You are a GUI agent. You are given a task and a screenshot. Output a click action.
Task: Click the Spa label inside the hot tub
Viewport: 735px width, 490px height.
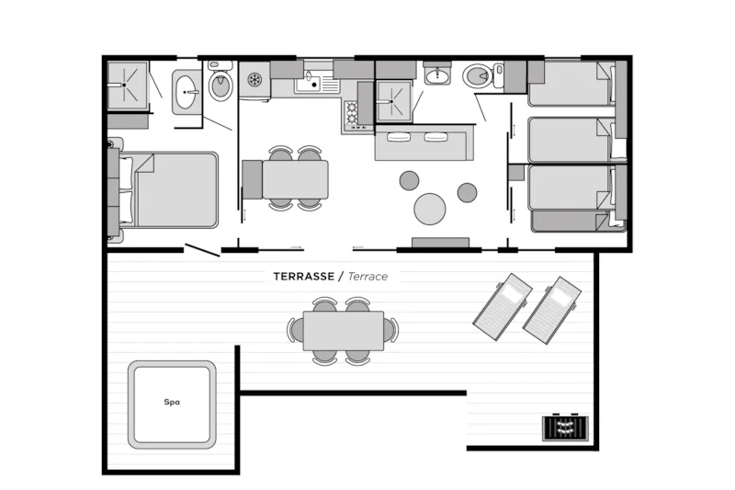pos(172,402)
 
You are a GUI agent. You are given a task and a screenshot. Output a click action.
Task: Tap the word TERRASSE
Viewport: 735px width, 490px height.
pos(304,276)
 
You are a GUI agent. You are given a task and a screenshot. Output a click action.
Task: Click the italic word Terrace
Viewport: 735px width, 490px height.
pos(368,276)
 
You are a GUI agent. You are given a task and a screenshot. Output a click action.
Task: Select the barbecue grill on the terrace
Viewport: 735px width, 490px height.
pos(565,427)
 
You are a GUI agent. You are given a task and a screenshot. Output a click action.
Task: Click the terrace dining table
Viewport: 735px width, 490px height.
pos(344,331)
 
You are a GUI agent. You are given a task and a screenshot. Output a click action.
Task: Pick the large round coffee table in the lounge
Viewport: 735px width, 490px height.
pos(429,209)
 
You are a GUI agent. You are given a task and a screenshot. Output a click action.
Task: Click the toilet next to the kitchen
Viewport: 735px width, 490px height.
pos(220,84)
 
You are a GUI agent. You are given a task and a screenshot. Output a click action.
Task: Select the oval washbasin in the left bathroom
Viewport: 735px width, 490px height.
pos(187,92)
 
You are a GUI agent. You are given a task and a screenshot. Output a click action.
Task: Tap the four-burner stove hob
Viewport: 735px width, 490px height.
pos(352,114)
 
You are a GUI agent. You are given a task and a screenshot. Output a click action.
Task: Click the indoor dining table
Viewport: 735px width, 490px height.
pos(295,179)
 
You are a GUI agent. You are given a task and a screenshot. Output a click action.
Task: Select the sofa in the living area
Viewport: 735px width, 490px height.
pos(421,142)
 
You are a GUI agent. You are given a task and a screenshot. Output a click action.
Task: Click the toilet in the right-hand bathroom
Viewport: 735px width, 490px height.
pos(479,75)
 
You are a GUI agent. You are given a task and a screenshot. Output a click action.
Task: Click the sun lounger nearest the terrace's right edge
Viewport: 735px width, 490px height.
pos(552,310)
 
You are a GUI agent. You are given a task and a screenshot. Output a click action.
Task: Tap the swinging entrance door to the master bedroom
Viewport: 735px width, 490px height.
pos(202,250)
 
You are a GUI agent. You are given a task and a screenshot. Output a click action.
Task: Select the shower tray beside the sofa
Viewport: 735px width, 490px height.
pos(394,101)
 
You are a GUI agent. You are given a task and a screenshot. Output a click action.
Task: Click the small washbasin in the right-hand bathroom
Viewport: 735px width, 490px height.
pos(438,74)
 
